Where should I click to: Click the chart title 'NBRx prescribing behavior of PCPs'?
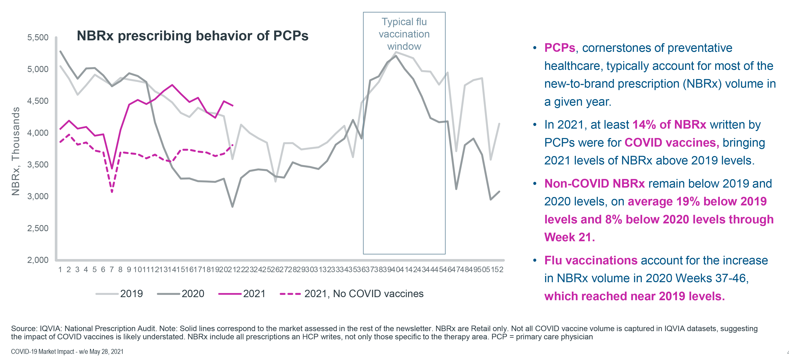click(x=192, y=36)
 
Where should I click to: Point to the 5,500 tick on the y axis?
click(x=38, y=37)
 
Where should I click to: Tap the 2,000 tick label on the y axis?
click(x=38, y=260)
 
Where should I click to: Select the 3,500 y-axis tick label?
click(x=38, y=165)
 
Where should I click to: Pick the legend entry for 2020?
click(x=181, y=294)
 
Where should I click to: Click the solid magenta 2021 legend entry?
click(x=242, y=294)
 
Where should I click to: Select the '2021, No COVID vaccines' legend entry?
click(x=352, y=294)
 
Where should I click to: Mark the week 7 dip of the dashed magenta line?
click(x=112, y=192)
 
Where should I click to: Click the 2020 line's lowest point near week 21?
click(x=232, y=207)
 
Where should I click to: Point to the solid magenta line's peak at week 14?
click(x=172, y=85)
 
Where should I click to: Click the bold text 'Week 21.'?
click(x=569, y=237)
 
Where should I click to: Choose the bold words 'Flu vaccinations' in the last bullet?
click(x=591, y=260)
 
